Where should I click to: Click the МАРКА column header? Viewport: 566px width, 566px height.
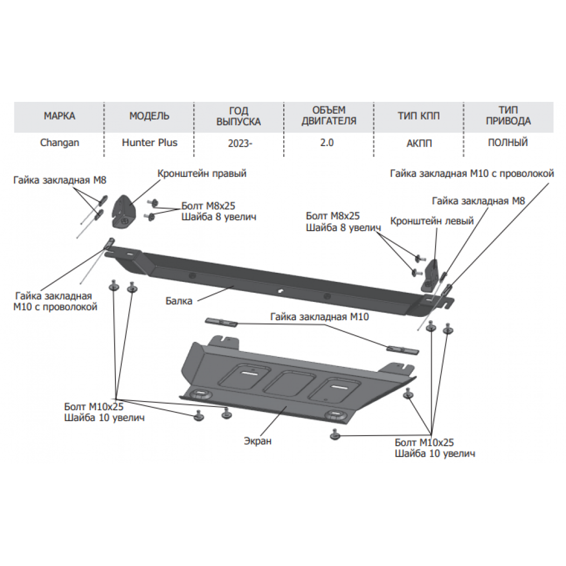tap(59, 116)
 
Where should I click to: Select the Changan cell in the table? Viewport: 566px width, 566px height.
tap(59, 143)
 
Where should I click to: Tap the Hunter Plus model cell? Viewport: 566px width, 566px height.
tap(149, 143)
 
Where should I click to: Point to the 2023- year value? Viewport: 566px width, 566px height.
tap(240, 143)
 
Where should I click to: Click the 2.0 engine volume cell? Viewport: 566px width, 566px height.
tap(327, 143)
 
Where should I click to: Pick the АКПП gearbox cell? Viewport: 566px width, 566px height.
tap(419, 143)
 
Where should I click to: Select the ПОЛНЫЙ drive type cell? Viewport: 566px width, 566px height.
tap(508, 143)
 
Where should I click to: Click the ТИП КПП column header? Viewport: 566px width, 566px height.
tap(419, 116)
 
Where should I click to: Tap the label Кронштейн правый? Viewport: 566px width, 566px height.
tap(202, 174)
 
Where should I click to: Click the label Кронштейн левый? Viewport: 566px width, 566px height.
tap(432, 221)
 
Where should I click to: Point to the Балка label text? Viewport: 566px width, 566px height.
tap(178, 301)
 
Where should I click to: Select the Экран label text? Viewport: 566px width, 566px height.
tap(257, 441)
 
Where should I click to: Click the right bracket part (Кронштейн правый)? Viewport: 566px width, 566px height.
tap(124, 212)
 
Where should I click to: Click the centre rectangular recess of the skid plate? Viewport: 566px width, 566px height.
tap(289, 383)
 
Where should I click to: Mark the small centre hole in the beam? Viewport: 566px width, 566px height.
tap(280, 291)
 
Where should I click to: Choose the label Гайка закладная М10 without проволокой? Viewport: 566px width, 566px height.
tap(320, 317)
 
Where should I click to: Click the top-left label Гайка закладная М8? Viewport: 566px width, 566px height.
tap(60, 180)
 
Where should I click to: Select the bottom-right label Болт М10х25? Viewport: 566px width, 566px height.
tap(424, 443)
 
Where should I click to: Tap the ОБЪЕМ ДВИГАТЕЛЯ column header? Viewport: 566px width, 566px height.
tap(329, 115)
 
